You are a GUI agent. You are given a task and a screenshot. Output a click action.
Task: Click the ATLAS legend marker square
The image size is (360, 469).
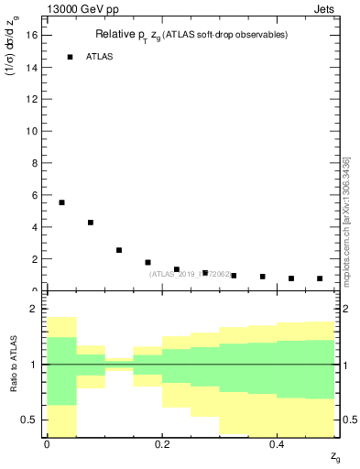click(x=70, y=57)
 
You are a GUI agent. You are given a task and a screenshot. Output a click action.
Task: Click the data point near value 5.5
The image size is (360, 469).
click(x=61, y=202)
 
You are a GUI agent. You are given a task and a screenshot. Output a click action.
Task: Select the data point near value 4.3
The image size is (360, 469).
click(x=91, y=223)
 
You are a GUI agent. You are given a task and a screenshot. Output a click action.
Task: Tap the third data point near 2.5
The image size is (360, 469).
click(x=119, y=250)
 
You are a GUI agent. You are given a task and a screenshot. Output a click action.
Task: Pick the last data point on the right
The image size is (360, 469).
click(x=320, y=278)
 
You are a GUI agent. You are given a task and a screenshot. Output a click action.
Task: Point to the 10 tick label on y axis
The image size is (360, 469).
click(x=34, y=131)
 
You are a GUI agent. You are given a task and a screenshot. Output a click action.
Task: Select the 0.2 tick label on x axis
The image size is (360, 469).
click(x=161, y=444)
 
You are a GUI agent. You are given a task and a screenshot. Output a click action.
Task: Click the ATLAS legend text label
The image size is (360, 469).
click(x=99, y=57)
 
